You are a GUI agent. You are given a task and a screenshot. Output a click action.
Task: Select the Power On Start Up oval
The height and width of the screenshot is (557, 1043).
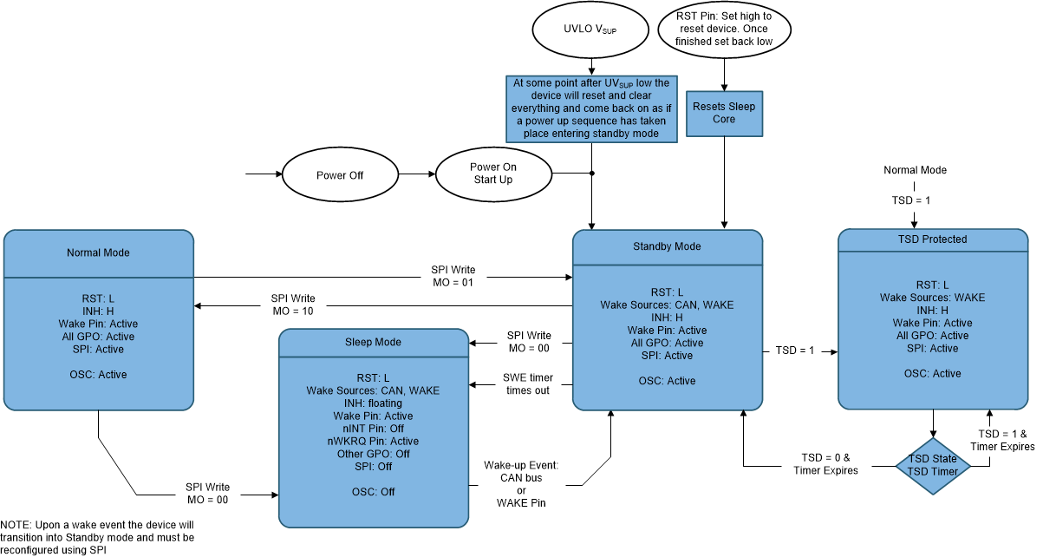pos(492,174)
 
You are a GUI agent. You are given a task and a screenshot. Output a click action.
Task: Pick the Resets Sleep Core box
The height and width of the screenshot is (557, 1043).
pos(724,113)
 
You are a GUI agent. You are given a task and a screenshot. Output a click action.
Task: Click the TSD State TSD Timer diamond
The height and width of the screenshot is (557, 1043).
pos(933,466)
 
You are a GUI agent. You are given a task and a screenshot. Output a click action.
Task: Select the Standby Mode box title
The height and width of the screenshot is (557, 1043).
pos(668,246)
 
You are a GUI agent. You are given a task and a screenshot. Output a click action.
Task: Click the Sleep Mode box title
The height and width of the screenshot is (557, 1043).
pos(373,342)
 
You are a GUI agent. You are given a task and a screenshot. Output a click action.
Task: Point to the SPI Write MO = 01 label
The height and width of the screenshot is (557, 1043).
pos(453,276)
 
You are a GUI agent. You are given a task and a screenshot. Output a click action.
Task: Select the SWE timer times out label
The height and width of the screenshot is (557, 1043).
pos(527,384)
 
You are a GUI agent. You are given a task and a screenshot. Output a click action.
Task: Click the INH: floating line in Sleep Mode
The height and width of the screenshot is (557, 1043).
pos(373,403)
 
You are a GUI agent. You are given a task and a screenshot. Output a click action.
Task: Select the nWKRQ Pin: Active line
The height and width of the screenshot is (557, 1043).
pos(373,441)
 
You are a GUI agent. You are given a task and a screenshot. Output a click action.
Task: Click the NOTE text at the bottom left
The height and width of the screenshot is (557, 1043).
pos(97,537)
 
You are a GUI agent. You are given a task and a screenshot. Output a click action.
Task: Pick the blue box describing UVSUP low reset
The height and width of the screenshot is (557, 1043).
pos(591,109)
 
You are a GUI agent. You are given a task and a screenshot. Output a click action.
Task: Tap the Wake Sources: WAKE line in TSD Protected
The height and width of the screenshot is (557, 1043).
pos(932,298)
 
